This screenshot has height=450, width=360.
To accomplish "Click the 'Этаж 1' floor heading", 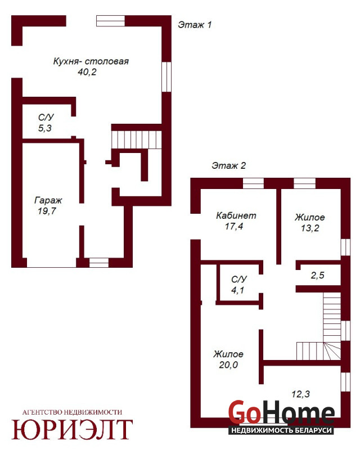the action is pyautogui.click(x=195, y=25).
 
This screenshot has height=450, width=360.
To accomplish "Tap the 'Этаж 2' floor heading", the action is pyautogui.click(x=228, y=165).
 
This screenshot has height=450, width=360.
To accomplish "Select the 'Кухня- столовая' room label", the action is pyautogui.click(x=91, y=61).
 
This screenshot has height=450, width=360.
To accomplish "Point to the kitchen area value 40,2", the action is pyautogui.click(x=87, y=72).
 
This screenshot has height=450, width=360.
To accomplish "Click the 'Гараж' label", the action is pyautogui.click(x=48, y=200).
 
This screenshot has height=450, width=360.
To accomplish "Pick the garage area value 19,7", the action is pyautogui.click(x=47, y=211).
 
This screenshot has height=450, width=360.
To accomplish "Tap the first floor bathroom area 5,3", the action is pyautogui.click(x=45, y=128).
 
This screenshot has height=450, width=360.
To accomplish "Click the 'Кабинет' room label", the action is pyautogui.click(x=236, y=215).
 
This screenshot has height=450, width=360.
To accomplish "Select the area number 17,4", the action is pyautogui.click(x=234, y=227).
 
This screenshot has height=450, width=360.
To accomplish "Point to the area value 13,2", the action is pyautogui.click(x=310, y=228).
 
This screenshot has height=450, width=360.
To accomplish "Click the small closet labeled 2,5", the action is pyautogui.click(x=317, y=276).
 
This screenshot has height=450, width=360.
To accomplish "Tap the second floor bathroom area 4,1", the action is pyautogui.click(x=238, y=290).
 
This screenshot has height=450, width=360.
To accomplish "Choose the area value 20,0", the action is pyautogui.click(x=228, y=364).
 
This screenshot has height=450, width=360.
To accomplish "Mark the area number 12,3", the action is pyautogui.click(x=300, y=394).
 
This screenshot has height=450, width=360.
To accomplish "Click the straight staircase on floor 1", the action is pyautogui.click(x=137, y=139).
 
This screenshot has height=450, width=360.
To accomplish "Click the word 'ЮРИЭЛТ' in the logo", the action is pyautogui.click(x=72, y=429).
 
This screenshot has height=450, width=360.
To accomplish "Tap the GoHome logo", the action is pyautogui.click(x=282, y=413).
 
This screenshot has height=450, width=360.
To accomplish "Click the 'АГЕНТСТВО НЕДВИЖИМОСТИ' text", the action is pyautogui.click(x=72, y=412).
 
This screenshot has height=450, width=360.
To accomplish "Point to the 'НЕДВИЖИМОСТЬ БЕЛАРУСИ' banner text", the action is pyautogui.click(x=281, y=430).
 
